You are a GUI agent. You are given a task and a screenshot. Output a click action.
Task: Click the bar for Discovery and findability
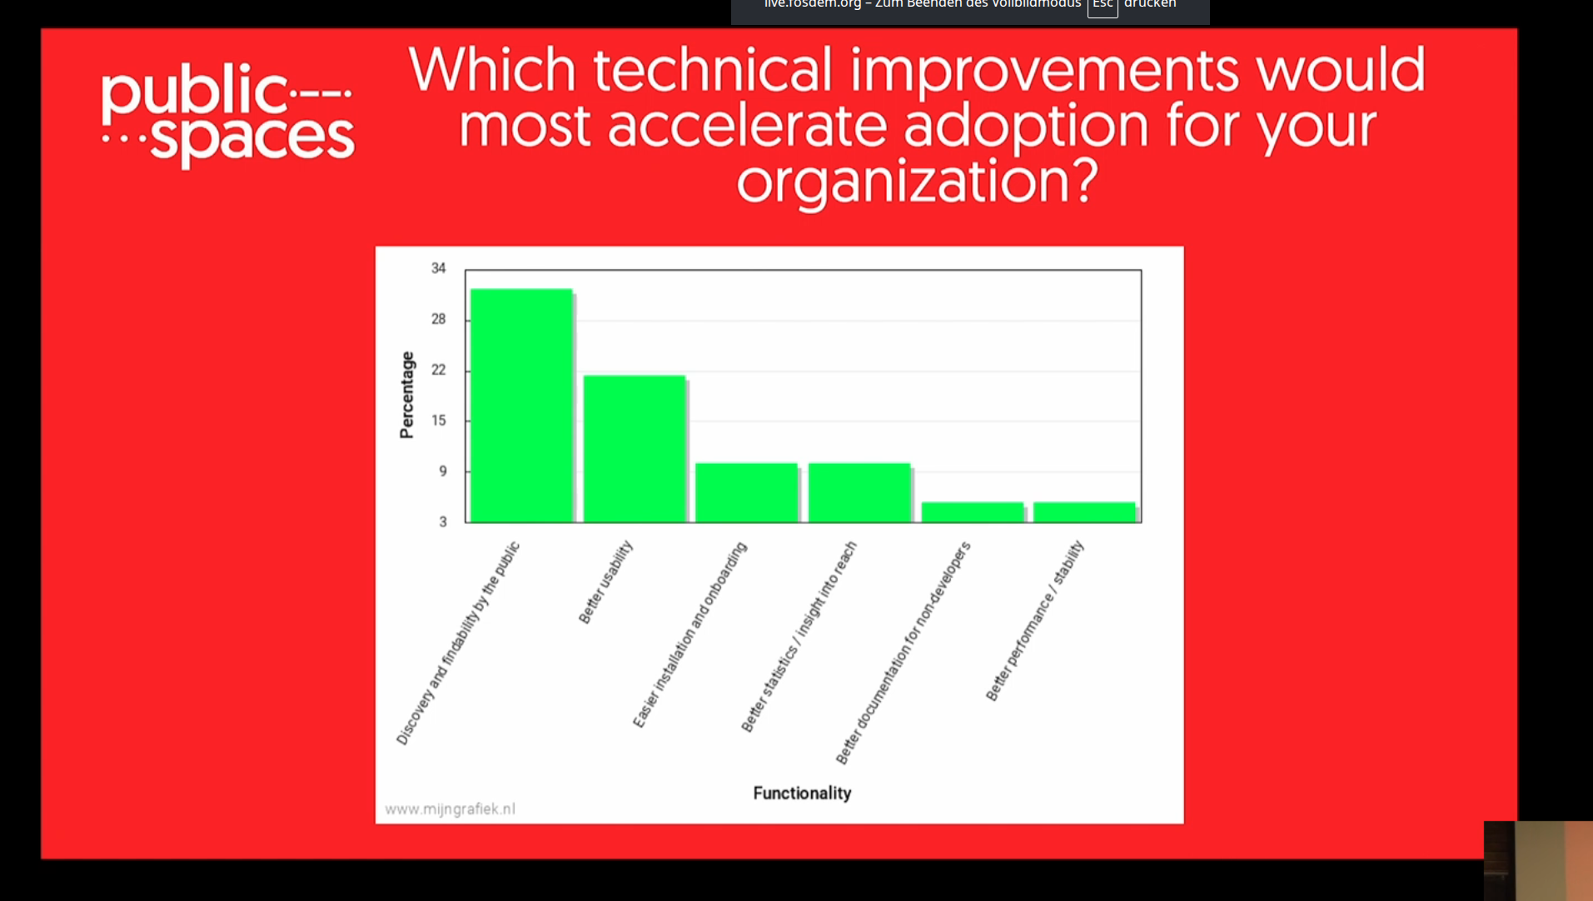click(521, 406)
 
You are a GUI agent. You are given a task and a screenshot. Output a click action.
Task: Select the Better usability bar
click(635, 449)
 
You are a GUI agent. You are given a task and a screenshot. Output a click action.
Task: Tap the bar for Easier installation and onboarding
click(747, 493)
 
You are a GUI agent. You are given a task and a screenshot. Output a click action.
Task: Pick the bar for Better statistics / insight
click(859, 493)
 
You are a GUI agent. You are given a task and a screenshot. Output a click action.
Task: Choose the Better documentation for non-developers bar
click(973, 512)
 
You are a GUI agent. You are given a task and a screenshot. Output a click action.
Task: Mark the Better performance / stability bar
click(1084, 512)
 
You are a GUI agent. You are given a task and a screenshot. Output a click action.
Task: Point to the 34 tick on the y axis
click(439, 268)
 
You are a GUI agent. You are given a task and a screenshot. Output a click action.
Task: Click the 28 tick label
click(439, 319)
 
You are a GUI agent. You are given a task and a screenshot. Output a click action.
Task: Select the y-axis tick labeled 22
click(439, 370)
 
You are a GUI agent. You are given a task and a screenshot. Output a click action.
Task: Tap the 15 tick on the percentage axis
click(439, 421)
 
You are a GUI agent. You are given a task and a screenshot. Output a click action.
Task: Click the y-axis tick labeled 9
click(443, 471)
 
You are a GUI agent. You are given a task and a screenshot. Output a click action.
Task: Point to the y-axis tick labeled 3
click(443, 522)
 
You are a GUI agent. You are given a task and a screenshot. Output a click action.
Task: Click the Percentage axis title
click(407, 395)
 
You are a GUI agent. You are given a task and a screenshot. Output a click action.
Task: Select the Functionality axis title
click(802, 793)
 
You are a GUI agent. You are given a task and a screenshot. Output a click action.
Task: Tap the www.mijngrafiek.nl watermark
click(450, 809)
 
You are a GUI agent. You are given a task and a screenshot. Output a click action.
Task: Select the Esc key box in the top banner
click(1103, 5)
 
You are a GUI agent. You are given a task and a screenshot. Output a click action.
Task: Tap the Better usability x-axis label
click(605, 582)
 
